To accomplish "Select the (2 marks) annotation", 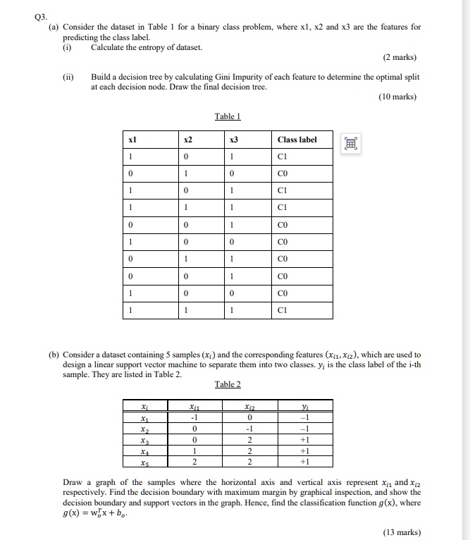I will pyautogui.click(x=399, y=57).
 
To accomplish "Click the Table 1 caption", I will pyautogui.click(x=227, y=116).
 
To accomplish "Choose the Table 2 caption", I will pyautogui.click(x=227, y=384).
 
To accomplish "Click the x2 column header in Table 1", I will pyautogui.click(x=185, y=140).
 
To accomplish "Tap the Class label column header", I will pyautogui.click(x=298, y=140).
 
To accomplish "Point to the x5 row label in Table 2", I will pyautogui.click(x=145, y=462).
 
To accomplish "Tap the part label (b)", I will pyautogui.click(x=53, y=355).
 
